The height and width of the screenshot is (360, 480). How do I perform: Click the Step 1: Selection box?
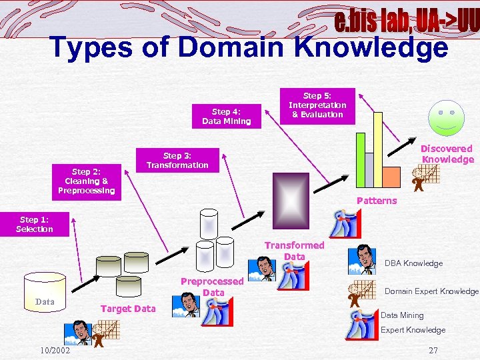pos(35,224)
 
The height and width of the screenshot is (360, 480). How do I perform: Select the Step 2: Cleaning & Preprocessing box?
pos(86,181)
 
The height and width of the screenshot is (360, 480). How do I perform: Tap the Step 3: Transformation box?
pos(177,160)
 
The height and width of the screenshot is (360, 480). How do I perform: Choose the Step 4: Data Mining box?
pos(226,116)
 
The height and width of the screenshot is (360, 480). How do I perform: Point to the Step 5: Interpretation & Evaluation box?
pos(317,105)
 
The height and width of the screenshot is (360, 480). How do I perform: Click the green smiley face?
pos(447,117)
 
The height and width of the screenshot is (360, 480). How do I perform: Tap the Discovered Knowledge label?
pos(447,154)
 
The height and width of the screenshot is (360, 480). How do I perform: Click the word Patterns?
pos(377,201)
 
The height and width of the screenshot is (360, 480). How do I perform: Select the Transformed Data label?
pos(294,251)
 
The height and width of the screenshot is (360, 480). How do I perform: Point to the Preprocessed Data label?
pos(213,287)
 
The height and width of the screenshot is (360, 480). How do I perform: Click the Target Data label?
pos(127,308)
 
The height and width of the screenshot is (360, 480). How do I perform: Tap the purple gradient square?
pos(291,199)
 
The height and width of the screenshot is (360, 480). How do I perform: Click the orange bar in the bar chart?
pos(389,177)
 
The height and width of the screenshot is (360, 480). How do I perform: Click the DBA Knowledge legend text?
pos(413,263)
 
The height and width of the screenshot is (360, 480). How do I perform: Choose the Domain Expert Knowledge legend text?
pos(431,291)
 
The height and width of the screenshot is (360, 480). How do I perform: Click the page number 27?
pos(433,350)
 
